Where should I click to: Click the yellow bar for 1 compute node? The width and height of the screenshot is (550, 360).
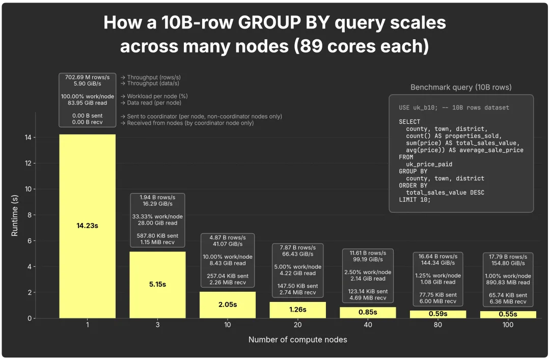click(x=88, y=226)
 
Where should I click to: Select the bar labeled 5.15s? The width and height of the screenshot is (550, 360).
click(x=157, y=285)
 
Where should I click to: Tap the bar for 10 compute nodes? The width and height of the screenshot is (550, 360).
click(x=228, y=305)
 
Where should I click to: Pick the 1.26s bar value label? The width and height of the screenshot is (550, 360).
click(x=298, y=310)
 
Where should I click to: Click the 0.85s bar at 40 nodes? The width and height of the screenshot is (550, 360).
click(x=368, y=313)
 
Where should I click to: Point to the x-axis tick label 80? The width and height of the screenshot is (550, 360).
click(x=438, y=325)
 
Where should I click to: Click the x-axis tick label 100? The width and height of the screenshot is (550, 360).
click(x=508, y=325)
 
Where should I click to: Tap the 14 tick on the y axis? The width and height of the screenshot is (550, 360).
click(x=28, y=137)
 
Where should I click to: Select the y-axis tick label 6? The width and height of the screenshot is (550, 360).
click(x=30, y=241)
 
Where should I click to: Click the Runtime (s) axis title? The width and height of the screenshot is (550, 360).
click(x=14, y=215)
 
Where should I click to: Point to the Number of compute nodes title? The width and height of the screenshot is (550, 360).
click(x=298, y=340)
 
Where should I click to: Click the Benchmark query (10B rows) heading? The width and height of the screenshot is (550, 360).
click(x=461, y=88)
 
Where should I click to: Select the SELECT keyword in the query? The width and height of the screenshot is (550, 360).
click(x=409, y=122)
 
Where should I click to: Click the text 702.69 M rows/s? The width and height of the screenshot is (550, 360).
click(x=88, y=77)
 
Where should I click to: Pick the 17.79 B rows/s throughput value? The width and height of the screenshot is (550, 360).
click(x=508, y=257)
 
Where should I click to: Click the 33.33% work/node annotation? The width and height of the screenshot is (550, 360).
click(x=157, y=216)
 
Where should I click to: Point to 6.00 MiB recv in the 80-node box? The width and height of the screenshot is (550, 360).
click(x=438, y=301)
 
